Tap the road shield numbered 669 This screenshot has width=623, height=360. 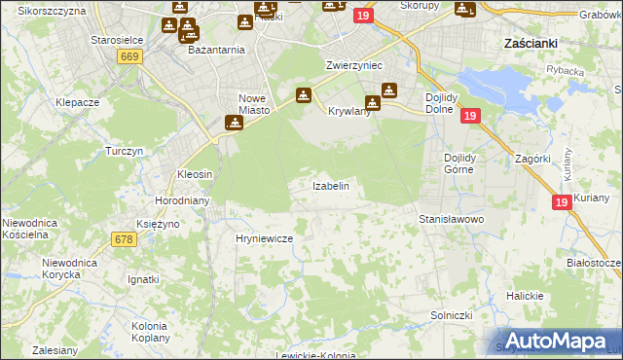(129, 57)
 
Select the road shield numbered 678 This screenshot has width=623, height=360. (124, 238)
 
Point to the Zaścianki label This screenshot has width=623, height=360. (530, 44)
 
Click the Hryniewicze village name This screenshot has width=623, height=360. (264, 237)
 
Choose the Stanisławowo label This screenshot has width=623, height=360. (451, 220)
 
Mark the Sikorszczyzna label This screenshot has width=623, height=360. (52, 10)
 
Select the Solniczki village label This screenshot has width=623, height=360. (452, 315)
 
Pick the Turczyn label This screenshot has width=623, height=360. (125, 152)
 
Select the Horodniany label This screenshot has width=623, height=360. (178, 200)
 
